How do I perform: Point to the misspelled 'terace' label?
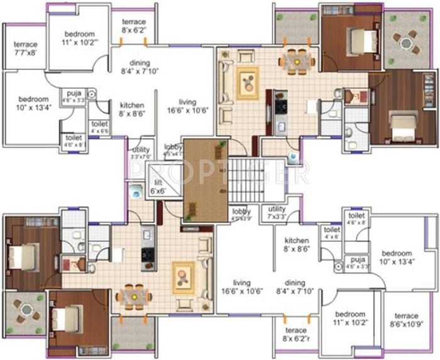295,334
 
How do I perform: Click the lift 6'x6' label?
158,187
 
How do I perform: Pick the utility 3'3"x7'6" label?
141,153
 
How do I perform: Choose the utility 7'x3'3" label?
277,212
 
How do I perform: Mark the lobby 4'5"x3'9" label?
241,215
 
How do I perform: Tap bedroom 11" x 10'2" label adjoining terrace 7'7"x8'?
79,38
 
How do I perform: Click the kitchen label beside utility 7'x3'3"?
296,244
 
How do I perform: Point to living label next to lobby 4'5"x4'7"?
187,106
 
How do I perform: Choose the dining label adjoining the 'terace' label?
295,286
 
